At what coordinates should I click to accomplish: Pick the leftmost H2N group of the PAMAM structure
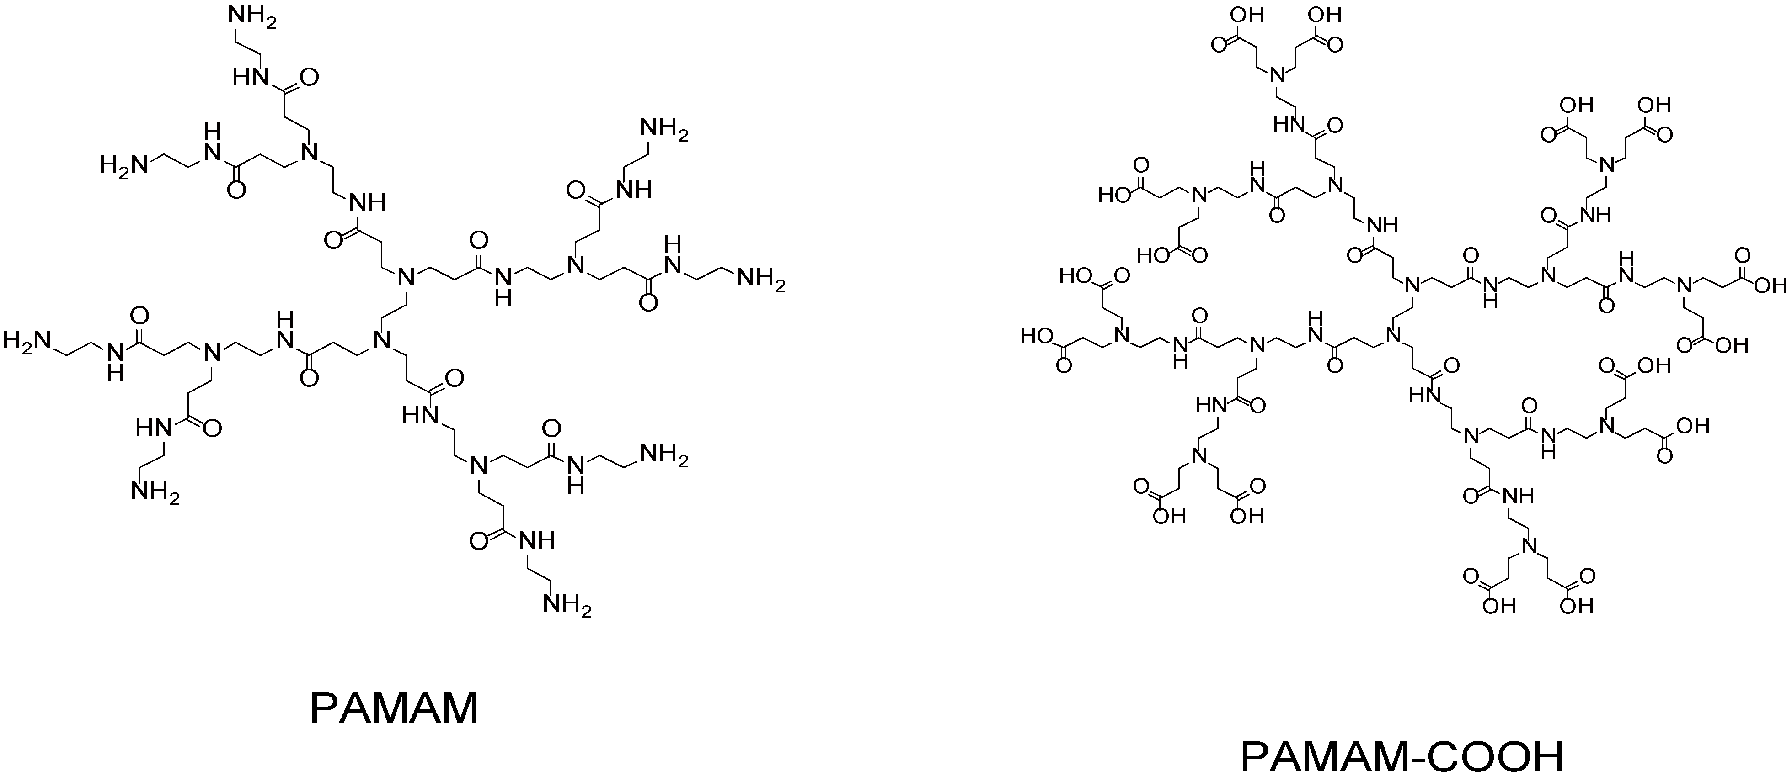pyautogui.click(x=27, y=341)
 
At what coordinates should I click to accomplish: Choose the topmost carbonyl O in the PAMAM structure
pyautogui.click(x=308, y=76)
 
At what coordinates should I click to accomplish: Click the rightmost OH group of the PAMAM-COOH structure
pyautogui.click(x=1771, y=285)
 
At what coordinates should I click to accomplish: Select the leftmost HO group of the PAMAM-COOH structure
pyautogui.click(x=1037, y=337)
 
